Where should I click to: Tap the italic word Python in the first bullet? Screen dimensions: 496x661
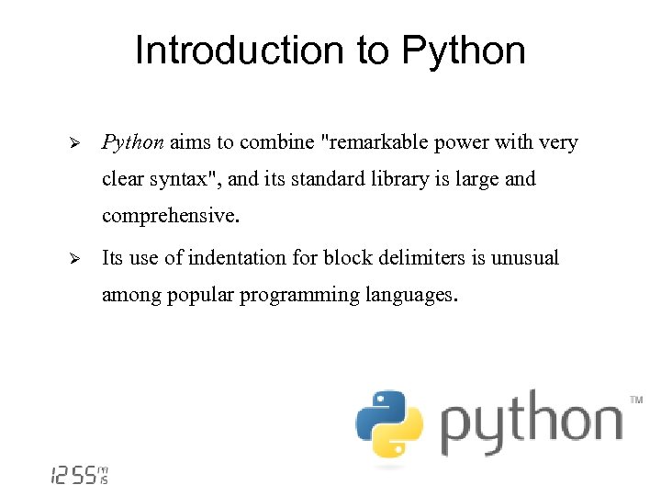tap(133, 142)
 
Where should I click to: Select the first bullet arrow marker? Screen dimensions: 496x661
tap(77, 143)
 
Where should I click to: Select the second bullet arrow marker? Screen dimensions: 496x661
tap(77, 259)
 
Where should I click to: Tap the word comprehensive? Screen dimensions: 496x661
tap(170, 217)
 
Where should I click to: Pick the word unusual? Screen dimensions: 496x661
tap(524, 258)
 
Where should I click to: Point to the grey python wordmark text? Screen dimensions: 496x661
tap(531, 424)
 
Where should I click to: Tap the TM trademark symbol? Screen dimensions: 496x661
tap(636, 400)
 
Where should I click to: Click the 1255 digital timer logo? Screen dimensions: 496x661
tap(79, 475)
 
